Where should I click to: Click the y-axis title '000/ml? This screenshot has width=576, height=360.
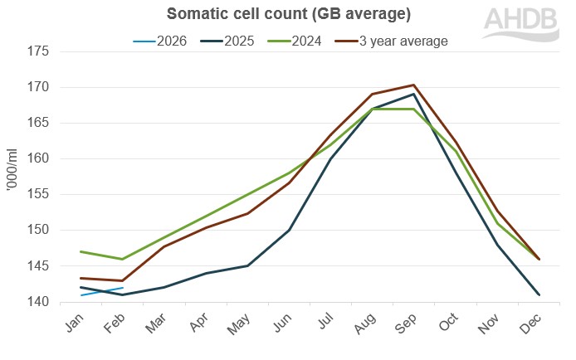(x=12, y=176)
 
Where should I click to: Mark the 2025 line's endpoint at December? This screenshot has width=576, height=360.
(x=539, y=294)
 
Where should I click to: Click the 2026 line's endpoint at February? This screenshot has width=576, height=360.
(x=123, y=288)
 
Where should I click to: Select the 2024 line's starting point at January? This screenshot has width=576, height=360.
(x=81, y=251)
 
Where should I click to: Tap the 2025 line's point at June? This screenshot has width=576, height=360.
(x=289, y=231)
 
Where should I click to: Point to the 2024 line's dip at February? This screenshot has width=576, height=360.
(x=123, y=260)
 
